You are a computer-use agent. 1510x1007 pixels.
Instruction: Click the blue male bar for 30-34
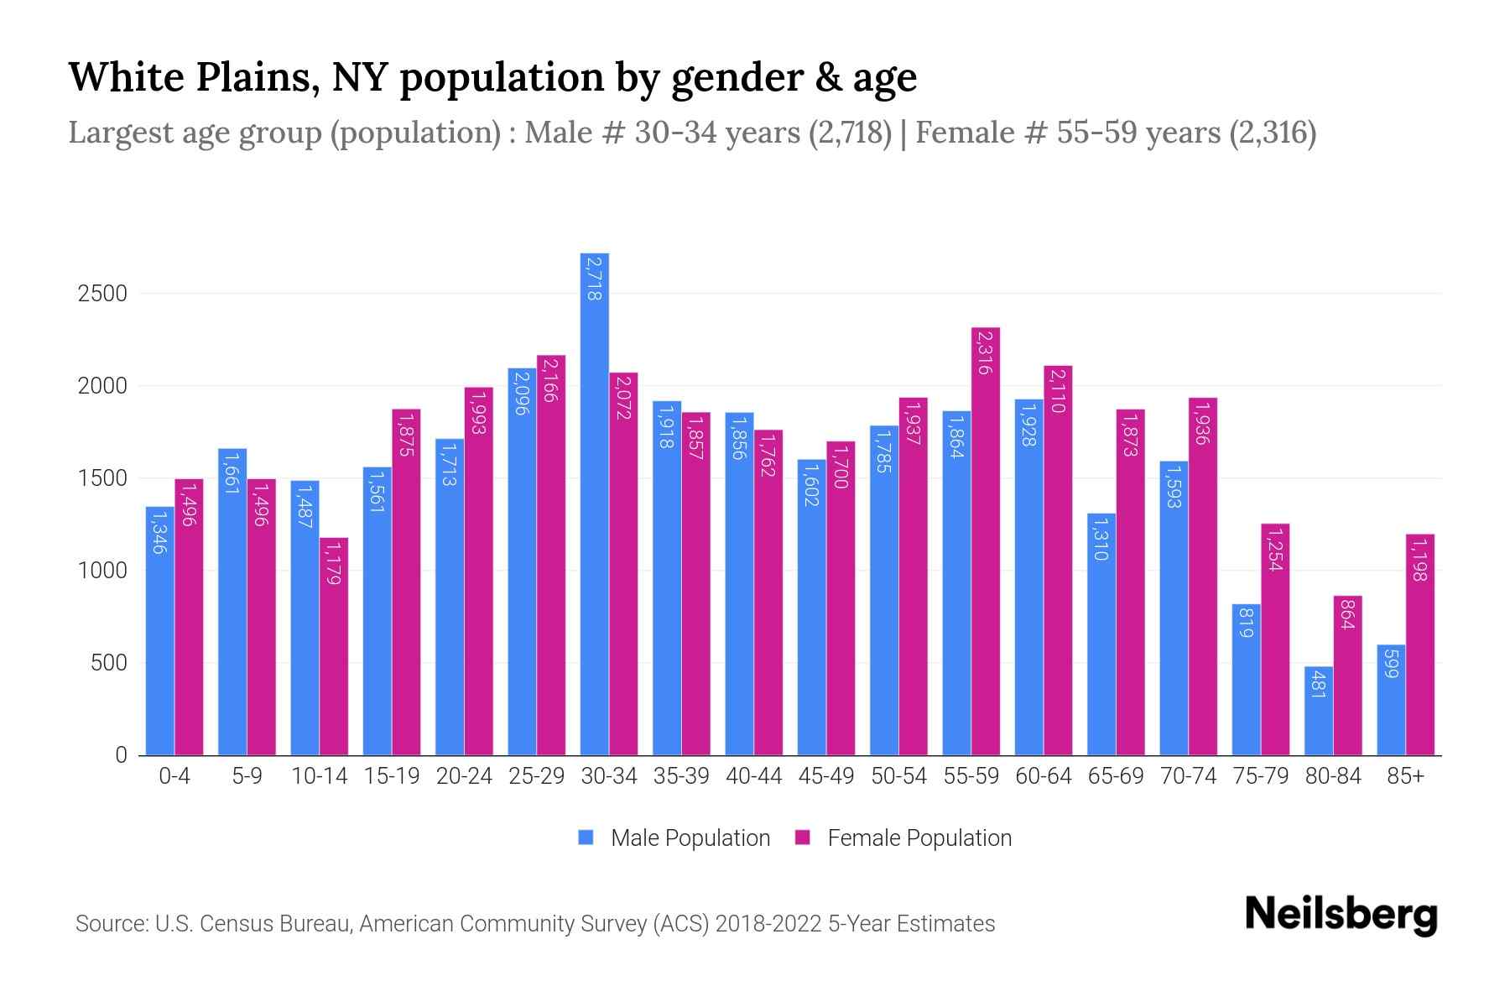pos(595,503)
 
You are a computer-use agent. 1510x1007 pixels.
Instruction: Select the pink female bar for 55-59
pos(986,541)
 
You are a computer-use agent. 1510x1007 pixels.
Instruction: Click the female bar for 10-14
pos(334,646)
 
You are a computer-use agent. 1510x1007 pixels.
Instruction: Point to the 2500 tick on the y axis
pos(102,294)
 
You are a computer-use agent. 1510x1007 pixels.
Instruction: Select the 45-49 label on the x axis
pos(825,776)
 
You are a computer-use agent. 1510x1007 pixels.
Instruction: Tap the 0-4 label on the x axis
pos(174,776)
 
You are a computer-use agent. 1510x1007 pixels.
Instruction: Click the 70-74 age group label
pos(1188,776)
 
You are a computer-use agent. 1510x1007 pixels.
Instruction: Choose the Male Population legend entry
pos(690,838)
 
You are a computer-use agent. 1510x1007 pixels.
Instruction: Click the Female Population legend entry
pos(919,838)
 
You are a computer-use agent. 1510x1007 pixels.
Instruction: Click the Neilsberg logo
pos(1341,915)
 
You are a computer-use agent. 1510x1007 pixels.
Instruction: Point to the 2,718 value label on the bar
pos(595,279)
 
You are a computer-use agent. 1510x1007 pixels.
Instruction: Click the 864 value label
pos(1347,614)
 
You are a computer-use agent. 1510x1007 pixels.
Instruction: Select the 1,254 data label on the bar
pos(1275,550)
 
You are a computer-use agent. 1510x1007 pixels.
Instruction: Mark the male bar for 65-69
pos(1101,634)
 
